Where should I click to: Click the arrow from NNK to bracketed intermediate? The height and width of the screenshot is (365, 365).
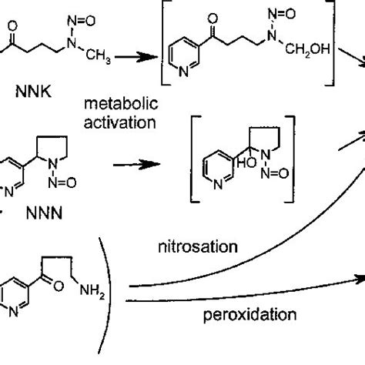tap(144, 57)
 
